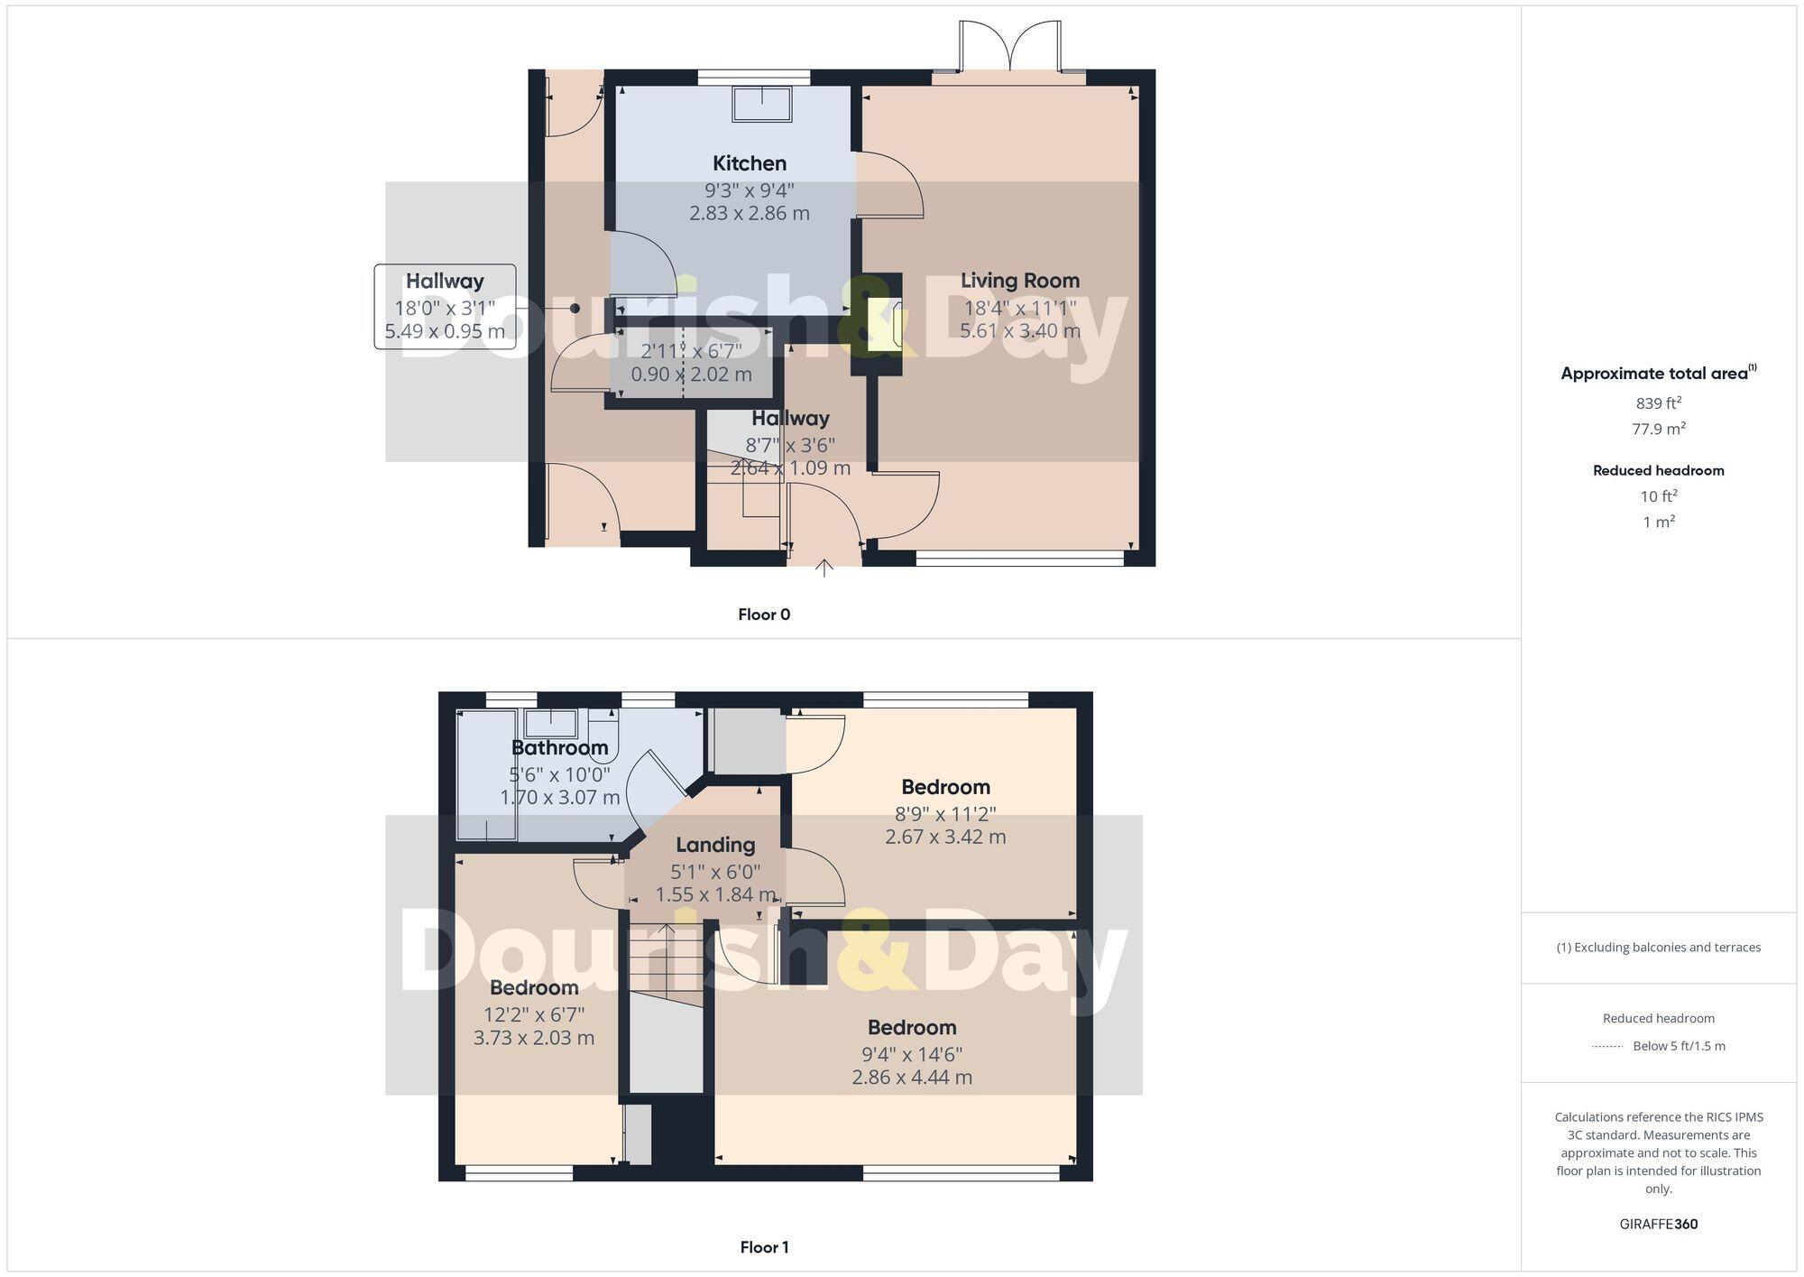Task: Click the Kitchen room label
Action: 749,163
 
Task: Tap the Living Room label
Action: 1019,281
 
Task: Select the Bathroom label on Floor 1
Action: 559,747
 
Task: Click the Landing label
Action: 715,845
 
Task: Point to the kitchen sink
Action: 762,104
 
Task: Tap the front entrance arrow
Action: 824,569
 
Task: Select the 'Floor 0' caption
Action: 764,615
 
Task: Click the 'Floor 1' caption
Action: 764,1247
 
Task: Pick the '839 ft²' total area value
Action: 1658,403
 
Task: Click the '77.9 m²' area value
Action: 1658,429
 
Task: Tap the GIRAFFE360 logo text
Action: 1658,1224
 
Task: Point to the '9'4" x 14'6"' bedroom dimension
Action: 912,1054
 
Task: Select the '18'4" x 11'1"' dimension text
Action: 1019,308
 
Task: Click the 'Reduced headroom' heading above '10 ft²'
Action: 1658,470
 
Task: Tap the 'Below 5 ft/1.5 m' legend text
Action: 1679,1046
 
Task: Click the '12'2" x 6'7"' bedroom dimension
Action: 534,1014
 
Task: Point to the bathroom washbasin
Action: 551,723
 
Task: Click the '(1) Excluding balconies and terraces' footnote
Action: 1658,947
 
